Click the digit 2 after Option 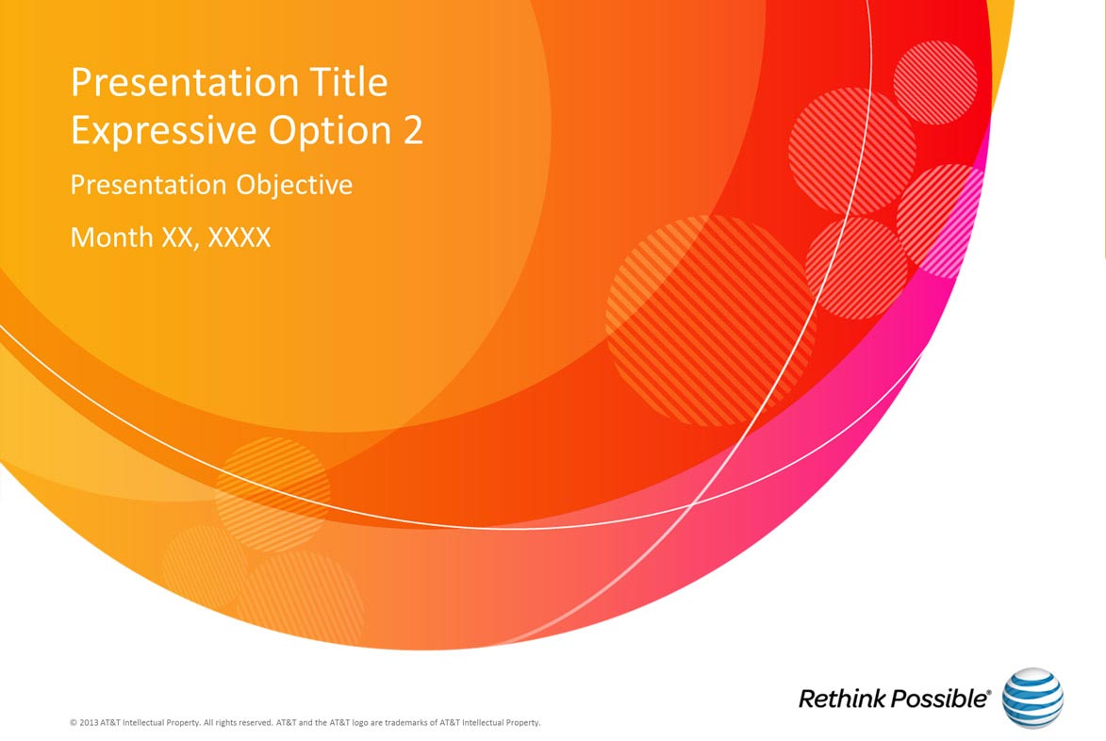[x=413, y=130]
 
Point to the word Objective [x=294, y=186]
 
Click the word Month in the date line [x=112, y=237]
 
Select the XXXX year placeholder [x=239, y=237]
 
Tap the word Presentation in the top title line [x=185, y=82]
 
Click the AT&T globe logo [x=1032, y=698]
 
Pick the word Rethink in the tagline [x=841, y=699]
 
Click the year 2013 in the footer [x=89, y=723]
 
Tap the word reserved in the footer [x=256, y=723]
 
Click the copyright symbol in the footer [x=74, y=723]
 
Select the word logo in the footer [x=360, y=723]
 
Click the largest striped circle [x=711, y=321]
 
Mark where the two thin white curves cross [x=694, y=502]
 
